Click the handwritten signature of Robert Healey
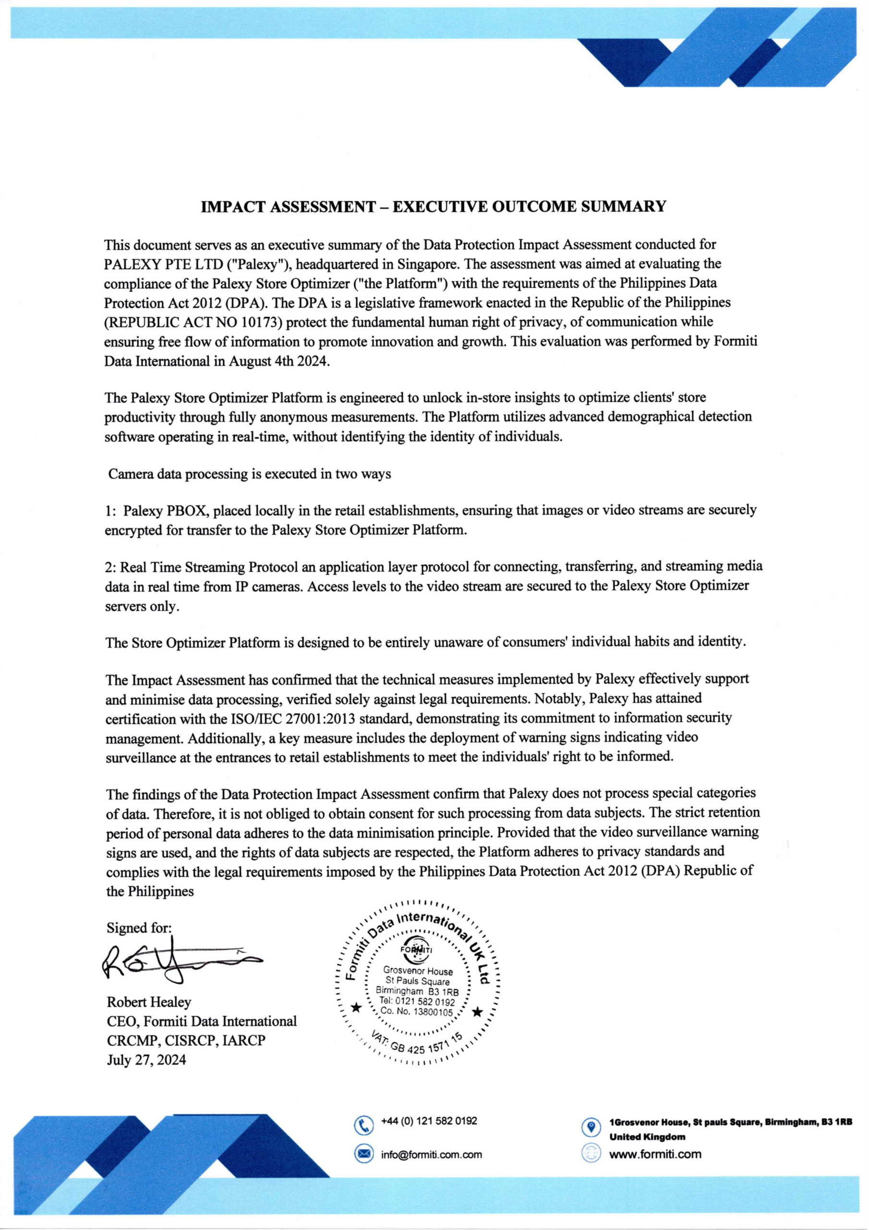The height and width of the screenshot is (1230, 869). (177, 965)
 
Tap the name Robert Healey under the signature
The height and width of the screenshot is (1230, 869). (149, 1002)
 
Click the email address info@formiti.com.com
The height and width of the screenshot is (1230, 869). (431, 1155)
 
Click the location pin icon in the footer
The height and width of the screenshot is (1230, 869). (591, 1127)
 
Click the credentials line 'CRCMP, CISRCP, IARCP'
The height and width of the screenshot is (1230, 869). (186, 1040)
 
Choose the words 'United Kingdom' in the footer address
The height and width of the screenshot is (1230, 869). (647, 1137)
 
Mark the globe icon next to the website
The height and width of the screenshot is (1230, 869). (591, 1154)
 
